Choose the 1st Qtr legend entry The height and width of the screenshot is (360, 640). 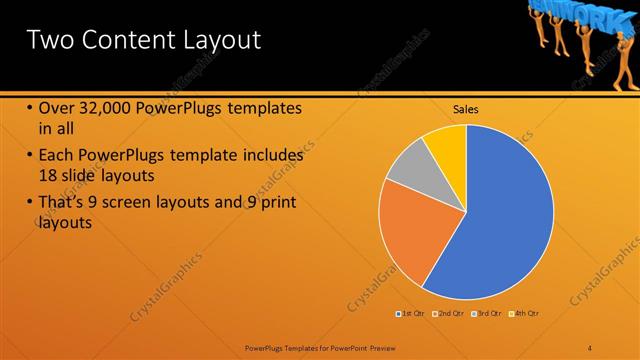pyautogui.click(x=411, y=314)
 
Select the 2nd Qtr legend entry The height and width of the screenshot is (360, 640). pyautogui.click(x=449, y=314)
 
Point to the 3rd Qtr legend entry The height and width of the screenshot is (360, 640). pyautogui.click(x=487, y=314)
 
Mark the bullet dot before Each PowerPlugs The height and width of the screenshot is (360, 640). pyautogui.click(x=30, y=157)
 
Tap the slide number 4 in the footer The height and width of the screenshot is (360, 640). pyautogui.click(x=590, y=347)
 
